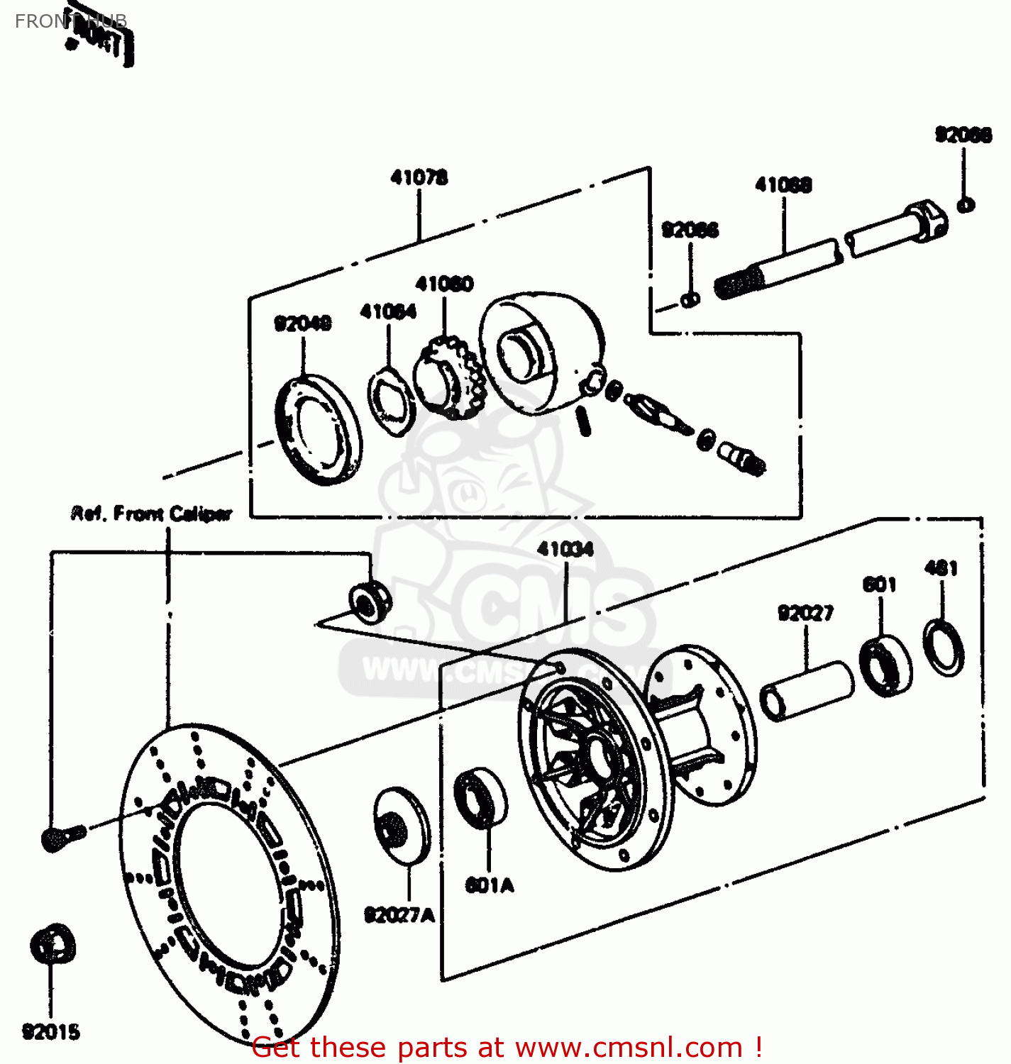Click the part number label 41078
click(419, 177)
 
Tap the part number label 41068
click(783, 185)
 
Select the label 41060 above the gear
click(444, 284)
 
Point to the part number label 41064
click(388, 311)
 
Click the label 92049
click(303, 323)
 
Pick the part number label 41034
click(565, 549)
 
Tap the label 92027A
click(399, 915)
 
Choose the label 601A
click(490, 885)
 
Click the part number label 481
click(941, 567)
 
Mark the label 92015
click(51, 1032)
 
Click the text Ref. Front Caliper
click(151, 513)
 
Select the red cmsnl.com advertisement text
click(507, 1047)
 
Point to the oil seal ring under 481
click(944, 646)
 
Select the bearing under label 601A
click(480, 798)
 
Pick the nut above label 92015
click(53, 944)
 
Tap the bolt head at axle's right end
click(926, 219)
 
